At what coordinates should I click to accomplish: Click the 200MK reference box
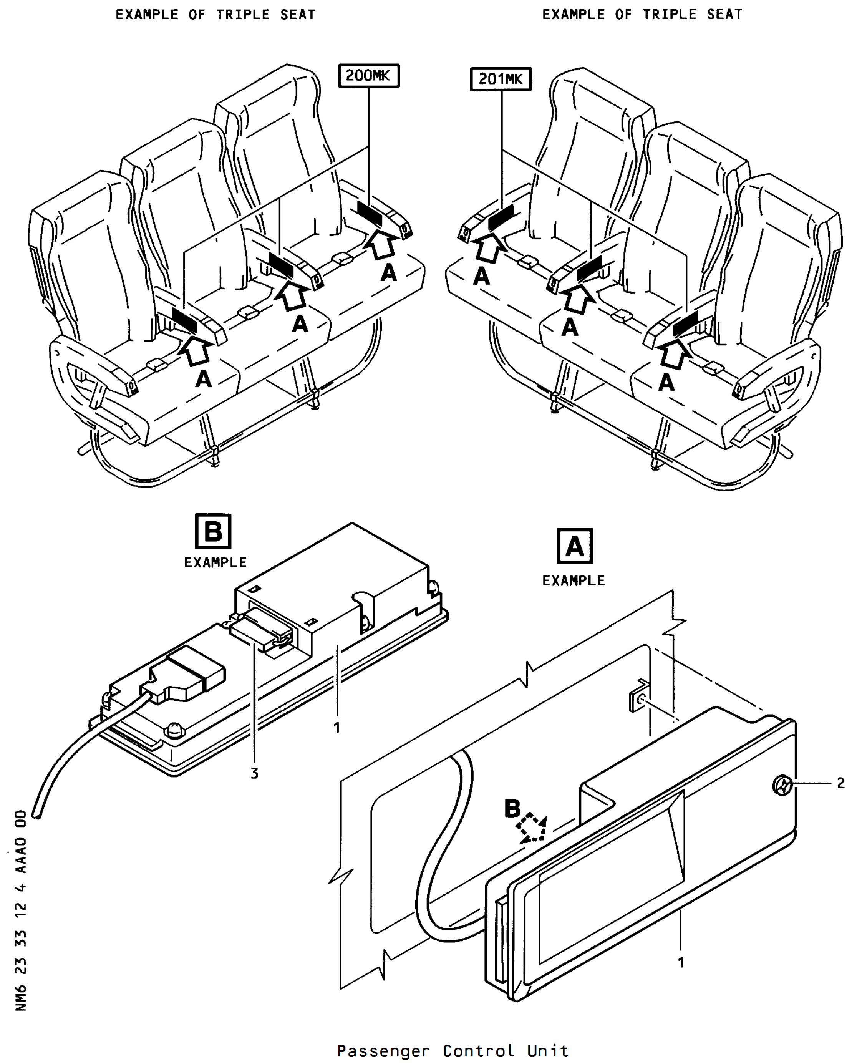coord(369,76)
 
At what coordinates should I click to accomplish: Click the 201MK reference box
coord(501,79)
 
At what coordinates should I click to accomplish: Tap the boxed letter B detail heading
coord(213,531)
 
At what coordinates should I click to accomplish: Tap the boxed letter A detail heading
coord(575,546)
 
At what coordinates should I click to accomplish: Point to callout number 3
coord(254,773)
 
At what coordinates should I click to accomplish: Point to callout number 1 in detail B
coord(337,728)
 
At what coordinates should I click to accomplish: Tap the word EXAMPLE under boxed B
coord(215,562)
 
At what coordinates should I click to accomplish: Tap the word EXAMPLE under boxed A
coord(574,580)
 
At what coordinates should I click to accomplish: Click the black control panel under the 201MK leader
coord(501,218)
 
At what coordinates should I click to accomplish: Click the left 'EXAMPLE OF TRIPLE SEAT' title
coord(215,15)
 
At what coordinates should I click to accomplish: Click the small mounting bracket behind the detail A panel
coord(639,696)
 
